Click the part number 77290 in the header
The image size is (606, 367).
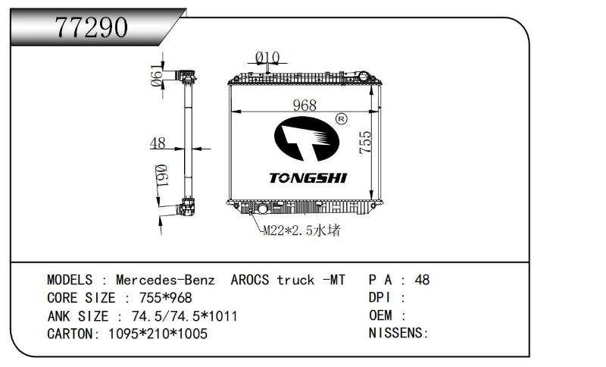[92, 27]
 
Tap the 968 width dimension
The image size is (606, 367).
[305, 105]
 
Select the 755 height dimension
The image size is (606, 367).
[365, 143]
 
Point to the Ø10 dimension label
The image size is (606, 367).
[267, 58]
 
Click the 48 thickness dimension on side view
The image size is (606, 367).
[158, 143]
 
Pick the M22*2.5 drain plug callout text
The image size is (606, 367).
[301, 231]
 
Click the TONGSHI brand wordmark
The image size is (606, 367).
[308, 178]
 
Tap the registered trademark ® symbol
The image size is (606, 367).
[341, 119]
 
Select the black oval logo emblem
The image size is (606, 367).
[307, 139]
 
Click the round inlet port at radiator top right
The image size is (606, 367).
[364, 76]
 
